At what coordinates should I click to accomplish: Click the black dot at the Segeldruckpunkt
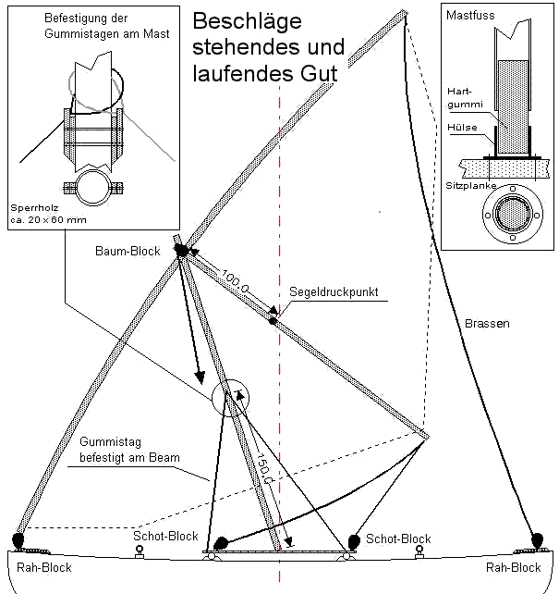click(x=273, y=320)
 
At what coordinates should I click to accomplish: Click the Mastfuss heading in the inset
click(x=469, y=17)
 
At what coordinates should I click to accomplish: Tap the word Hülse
click(x=461, y=128)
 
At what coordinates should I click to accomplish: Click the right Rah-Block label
click(x=513, y=567)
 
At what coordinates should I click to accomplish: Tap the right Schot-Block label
click(x=398, y=538)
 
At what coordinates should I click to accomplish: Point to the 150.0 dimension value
click(x=261, y=469)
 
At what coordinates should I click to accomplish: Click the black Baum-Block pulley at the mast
click(x=181, y=250)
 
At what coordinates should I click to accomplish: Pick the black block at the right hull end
click(x=538, y=538)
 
